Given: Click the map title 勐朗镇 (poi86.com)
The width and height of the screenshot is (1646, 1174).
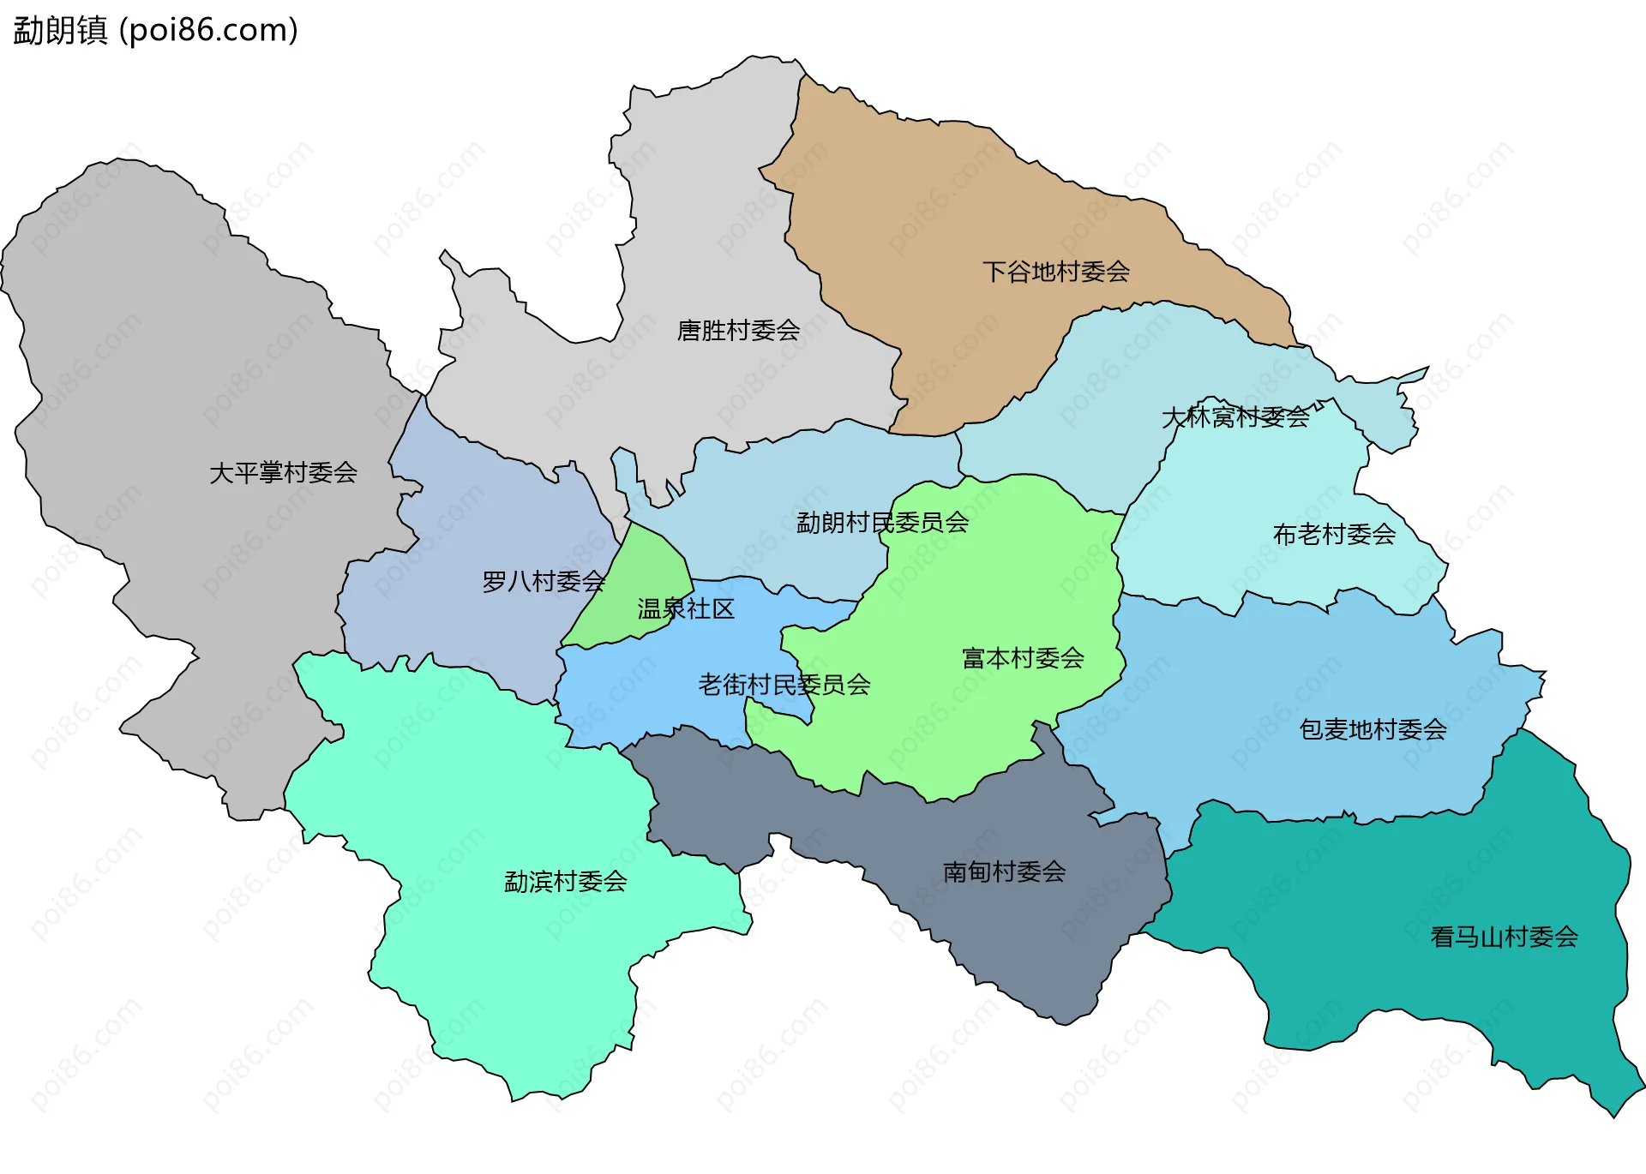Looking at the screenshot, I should (x=155, y=30).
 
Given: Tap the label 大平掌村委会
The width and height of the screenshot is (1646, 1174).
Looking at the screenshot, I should (x=283, y=472).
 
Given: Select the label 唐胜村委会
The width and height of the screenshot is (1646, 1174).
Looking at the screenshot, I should (x=738, y=330).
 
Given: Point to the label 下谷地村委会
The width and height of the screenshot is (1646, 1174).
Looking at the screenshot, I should (x=1055, y=272).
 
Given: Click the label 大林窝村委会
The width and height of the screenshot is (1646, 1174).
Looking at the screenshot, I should (x=1234, y=416).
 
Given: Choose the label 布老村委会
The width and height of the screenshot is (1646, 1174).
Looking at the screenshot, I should (x=1334, y=534).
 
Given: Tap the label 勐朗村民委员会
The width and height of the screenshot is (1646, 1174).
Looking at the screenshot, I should (x=882, y=522).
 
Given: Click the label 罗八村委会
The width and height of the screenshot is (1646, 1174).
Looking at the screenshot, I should (x=543, y=581).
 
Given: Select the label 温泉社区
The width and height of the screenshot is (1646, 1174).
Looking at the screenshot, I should (x=686, y=608).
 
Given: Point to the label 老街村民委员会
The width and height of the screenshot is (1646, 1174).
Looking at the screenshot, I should (x=784, y=684).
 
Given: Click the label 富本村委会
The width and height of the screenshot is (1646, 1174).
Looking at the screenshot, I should (x=1023, y=657).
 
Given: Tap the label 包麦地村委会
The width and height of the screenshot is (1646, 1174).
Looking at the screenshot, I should (x=1373, y=729).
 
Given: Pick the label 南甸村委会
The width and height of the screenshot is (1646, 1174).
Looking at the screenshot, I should (x=1004, y=872).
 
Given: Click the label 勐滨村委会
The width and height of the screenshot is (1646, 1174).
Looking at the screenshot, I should (x=565, y=881).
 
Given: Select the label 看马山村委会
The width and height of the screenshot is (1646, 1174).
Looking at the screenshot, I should (x=1504, y=937).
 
